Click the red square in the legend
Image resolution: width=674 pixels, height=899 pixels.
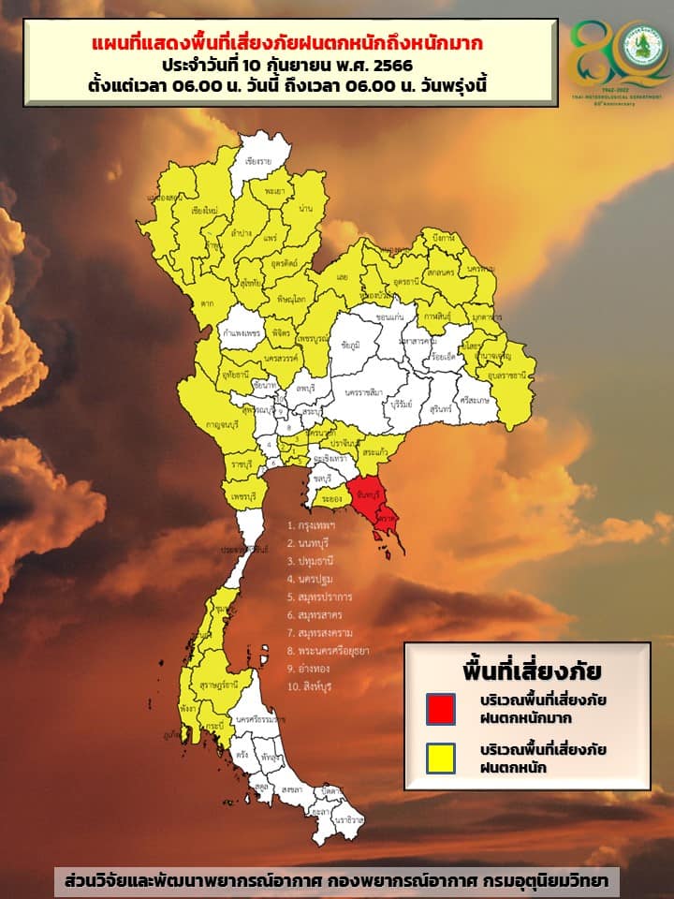(x=440, y=708)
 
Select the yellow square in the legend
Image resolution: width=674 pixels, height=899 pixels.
(x=440, y=758)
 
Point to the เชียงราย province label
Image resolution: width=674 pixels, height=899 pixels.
(x=257, y=161)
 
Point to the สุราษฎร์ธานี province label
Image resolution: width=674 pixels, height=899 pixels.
(x=217, y=685)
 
